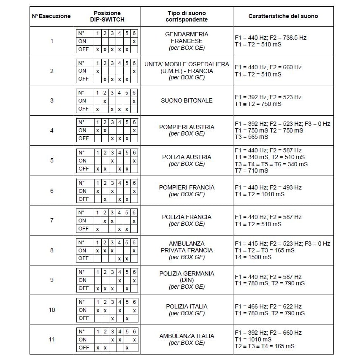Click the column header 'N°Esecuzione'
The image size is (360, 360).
[51, 16]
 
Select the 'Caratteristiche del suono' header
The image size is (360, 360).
[283, 16]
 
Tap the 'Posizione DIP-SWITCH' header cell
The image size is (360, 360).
[107, 16]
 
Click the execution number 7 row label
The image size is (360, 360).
[52, 220]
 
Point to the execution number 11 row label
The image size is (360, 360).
[52, 339]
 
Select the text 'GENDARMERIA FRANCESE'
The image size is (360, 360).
[187, 38]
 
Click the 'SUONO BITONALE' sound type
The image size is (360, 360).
[187, 100]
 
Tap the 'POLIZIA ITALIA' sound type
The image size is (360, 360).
[187, 306]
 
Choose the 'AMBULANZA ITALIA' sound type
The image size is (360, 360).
[187, 336]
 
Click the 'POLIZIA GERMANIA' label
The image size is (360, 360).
[187, 273]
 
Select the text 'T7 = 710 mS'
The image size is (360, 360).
[252, 171]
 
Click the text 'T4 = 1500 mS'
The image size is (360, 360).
[253, 257]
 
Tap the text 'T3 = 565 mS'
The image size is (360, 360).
[252, 137]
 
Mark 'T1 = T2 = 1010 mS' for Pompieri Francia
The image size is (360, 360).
[260, 194]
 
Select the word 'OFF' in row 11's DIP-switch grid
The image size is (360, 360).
[83, 347]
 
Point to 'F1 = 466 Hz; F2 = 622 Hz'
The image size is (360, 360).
[268, 306]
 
